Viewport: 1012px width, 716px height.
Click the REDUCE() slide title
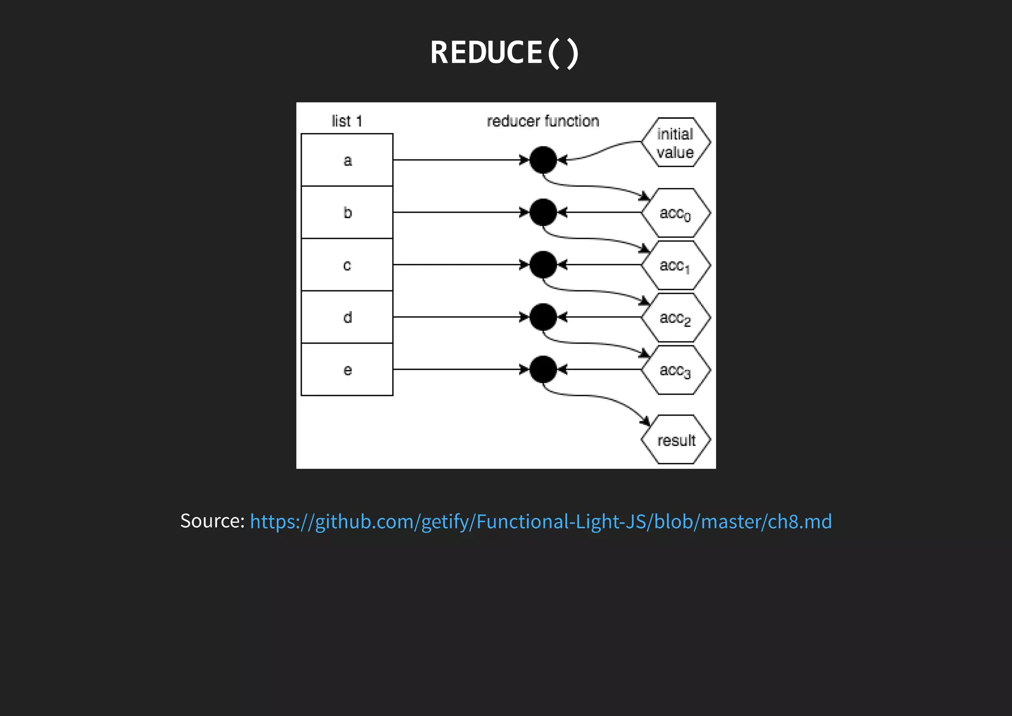pyautogui.click(x=505, y=52)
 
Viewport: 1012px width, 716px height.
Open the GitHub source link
pyautogui.click(x=541, y=521)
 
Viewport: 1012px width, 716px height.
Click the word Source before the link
pyautogui.click(x=212, y=521)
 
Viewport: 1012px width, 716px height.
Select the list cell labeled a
pyautogui.click(x=347, y=160)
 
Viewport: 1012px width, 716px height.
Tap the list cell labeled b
pyautogui.click(x=347, y=213)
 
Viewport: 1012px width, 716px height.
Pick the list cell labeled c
pyautogui.click(x=347, y=265)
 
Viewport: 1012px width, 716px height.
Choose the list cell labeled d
pyautogui.click(x=347, y=317)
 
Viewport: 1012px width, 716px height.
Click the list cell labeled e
pyautogui.click(x=347, y=369)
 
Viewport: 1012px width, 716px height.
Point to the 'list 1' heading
pyautogui.click(x=347, y=121)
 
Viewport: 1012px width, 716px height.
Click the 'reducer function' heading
pyautogui.click(x=543, y=121)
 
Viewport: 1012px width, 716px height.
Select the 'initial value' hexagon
pyautogui.click(x=675, y=142)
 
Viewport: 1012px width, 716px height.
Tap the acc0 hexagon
pyautogui.click(x=675, y=213)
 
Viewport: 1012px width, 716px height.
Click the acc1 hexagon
pyautogui.click(x=675, y=266)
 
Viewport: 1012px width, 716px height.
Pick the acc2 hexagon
pyautogui.click(x=675, y=317)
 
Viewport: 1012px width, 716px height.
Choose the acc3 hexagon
pyautogui.click(x=675, y=370)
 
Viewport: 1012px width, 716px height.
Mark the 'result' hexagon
pyautogui.click(x=675, y=440)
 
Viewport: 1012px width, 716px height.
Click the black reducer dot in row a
pyautogui.click(x=543, y=160)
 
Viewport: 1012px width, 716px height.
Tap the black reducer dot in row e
pyautogui.click(x=543, y=369)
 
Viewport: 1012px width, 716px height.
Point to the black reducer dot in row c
pyautogui.click(x=543, y=265)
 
